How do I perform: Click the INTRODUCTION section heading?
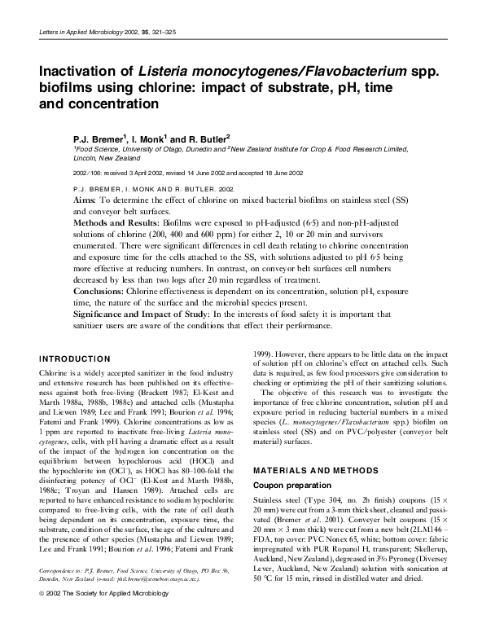click(x=75, y=358)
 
